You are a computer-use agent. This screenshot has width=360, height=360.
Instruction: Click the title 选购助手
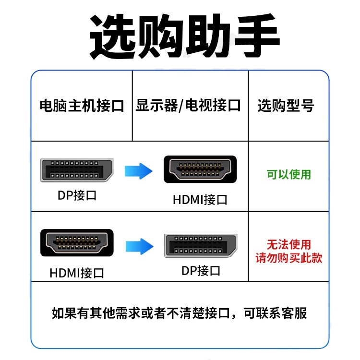click(185, 36)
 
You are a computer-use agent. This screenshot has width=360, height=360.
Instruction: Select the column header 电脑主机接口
click(82, 106)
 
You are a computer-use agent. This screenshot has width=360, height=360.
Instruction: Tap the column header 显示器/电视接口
click(188, 106)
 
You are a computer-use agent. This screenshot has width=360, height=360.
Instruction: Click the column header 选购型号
click(286, 106)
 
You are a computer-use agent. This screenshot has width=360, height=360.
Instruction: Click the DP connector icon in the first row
click(77, 169)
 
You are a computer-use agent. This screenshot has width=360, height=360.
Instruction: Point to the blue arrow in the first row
click(138, 170)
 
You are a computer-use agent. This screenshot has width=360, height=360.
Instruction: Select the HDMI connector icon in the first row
click(200, 169)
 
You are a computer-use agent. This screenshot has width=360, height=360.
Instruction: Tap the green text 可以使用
click(289, 174)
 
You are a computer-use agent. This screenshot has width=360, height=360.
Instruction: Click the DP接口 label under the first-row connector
click(77, 195)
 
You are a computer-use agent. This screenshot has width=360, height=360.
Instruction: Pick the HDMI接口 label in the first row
click(200, 199)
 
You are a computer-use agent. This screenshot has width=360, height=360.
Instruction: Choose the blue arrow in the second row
click(139, 246)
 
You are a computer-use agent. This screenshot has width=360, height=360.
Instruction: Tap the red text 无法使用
click(289, 245)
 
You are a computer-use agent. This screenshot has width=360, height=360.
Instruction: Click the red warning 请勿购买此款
click(289, 258)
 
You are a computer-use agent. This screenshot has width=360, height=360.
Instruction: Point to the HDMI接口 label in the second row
click(77, 273)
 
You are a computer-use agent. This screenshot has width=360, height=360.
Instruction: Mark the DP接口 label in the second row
click(201, 270)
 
